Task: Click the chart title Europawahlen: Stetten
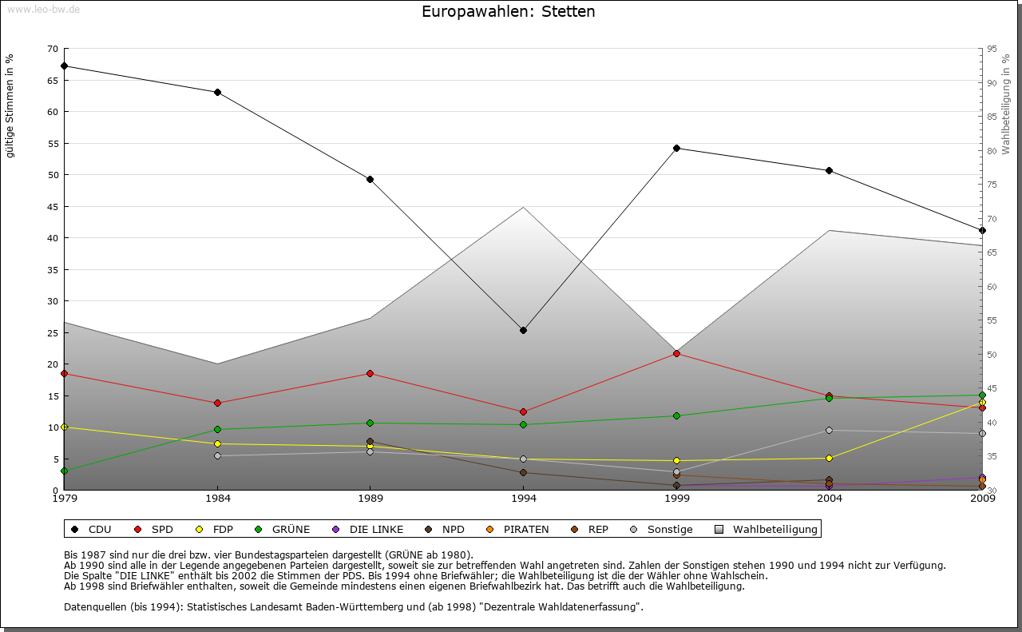(508, 12)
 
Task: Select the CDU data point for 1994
(524, 330)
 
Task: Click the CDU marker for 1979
(64, 66)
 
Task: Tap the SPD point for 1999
(676, 353)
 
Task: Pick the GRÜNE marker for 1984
(217, 429)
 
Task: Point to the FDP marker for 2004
(830, 458)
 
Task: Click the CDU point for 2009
(982, 230)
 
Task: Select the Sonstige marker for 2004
(830, 430)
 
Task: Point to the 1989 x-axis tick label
(370, 499)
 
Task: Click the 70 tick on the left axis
(53, 49)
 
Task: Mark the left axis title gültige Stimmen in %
(10, 105)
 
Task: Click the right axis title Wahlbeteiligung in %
(1006, 105)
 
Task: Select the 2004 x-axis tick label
(830, 499)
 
